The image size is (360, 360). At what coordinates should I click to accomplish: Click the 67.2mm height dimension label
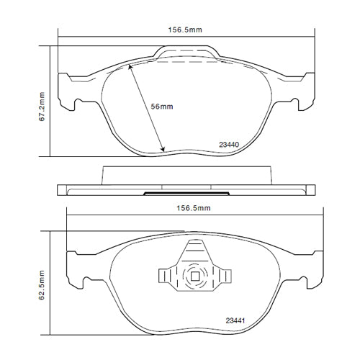pyautogui.click(x=42, y=101)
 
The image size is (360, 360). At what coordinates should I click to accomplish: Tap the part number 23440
pyautogui.click(x=229, y=144)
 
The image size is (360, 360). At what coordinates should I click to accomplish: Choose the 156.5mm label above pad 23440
pyautogui.click(x=186, y=30)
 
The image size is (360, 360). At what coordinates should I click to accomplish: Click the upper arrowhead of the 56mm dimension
pyautogui.click(x=130, y=66)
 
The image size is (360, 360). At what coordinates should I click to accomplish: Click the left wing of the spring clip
pyautogui.click(x=166, y=276)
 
